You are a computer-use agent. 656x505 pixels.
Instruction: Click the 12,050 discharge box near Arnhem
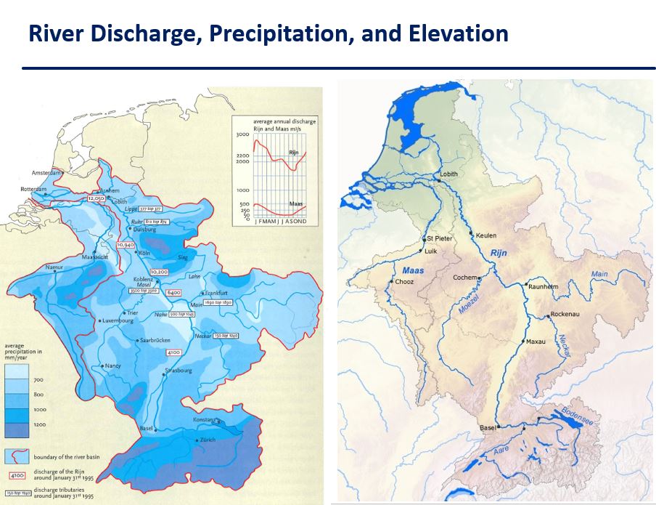pos(96,198)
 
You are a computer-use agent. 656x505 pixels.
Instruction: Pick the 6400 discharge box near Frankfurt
pos(173,292)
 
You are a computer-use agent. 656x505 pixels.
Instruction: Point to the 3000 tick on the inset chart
pos(242,136)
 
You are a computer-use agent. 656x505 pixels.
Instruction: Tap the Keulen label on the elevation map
pos(486,235)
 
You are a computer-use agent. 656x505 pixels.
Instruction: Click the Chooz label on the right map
pos(405,282)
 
